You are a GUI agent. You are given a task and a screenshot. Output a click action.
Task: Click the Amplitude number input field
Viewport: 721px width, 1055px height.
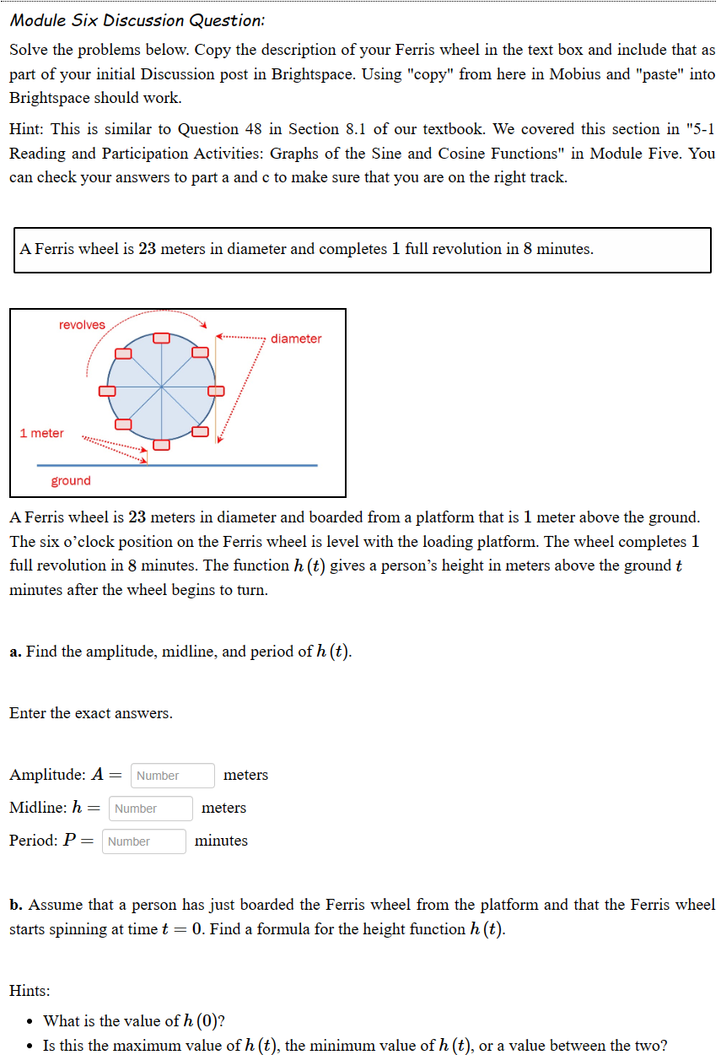coord(173,775)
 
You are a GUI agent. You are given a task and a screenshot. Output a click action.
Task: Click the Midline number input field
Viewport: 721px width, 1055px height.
coord(151,808)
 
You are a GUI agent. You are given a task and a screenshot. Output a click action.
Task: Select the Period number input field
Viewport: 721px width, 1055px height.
coord(144,841)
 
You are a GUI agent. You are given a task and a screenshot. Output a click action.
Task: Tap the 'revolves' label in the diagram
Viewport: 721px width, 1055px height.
coord(82,325)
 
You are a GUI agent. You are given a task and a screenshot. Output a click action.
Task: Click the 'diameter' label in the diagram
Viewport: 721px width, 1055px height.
coord(296,338)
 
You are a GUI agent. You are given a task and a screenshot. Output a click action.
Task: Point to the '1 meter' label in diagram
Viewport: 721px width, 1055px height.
coord(42,433)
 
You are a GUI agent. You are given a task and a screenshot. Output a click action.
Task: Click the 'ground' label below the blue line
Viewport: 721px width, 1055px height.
coord(71,480)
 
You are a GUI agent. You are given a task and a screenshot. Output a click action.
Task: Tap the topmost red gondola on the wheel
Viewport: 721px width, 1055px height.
coord(162,338)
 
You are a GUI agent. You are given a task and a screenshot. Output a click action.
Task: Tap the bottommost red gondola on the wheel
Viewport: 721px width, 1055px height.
coord(162,444)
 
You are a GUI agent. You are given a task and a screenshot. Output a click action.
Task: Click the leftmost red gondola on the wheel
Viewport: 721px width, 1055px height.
coord(108,391)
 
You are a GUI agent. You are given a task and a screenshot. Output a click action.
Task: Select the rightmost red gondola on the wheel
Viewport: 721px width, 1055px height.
coord(216,391)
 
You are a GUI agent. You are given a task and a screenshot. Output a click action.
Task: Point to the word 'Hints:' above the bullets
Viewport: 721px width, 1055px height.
coord(30,989)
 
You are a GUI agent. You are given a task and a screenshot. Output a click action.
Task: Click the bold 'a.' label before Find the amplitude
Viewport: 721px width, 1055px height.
coord(16,652)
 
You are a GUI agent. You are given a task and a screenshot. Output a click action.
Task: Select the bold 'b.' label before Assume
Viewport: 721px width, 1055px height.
coord(17,905)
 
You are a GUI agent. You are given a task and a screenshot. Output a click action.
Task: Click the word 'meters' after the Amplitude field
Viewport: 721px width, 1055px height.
coord(245,775)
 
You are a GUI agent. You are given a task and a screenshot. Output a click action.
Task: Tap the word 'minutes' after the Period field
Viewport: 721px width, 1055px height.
coord(221,841)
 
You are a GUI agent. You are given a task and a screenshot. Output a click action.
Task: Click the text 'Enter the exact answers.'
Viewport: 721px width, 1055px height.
coord(91,713)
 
